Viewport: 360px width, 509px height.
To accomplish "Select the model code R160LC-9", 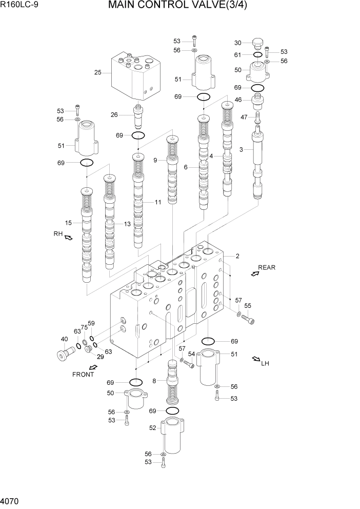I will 21,6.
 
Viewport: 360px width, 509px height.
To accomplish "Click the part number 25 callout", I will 97,72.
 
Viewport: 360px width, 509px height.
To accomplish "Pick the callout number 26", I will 115,114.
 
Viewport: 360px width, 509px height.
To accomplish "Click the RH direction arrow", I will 68,237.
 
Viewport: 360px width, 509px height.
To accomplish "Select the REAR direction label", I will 266,267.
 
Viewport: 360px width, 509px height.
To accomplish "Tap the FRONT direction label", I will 83,374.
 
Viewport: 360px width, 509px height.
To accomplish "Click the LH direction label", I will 265,364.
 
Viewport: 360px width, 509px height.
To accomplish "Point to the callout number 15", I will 68,222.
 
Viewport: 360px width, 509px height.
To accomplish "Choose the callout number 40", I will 64,339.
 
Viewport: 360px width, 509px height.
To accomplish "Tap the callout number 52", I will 152,427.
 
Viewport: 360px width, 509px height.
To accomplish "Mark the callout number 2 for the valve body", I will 237,256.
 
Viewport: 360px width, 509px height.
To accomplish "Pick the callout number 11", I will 157,202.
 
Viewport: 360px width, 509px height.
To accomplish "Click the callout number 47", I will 244,117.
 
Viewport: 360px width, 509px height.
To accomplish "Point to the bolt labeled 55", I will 248,320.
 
